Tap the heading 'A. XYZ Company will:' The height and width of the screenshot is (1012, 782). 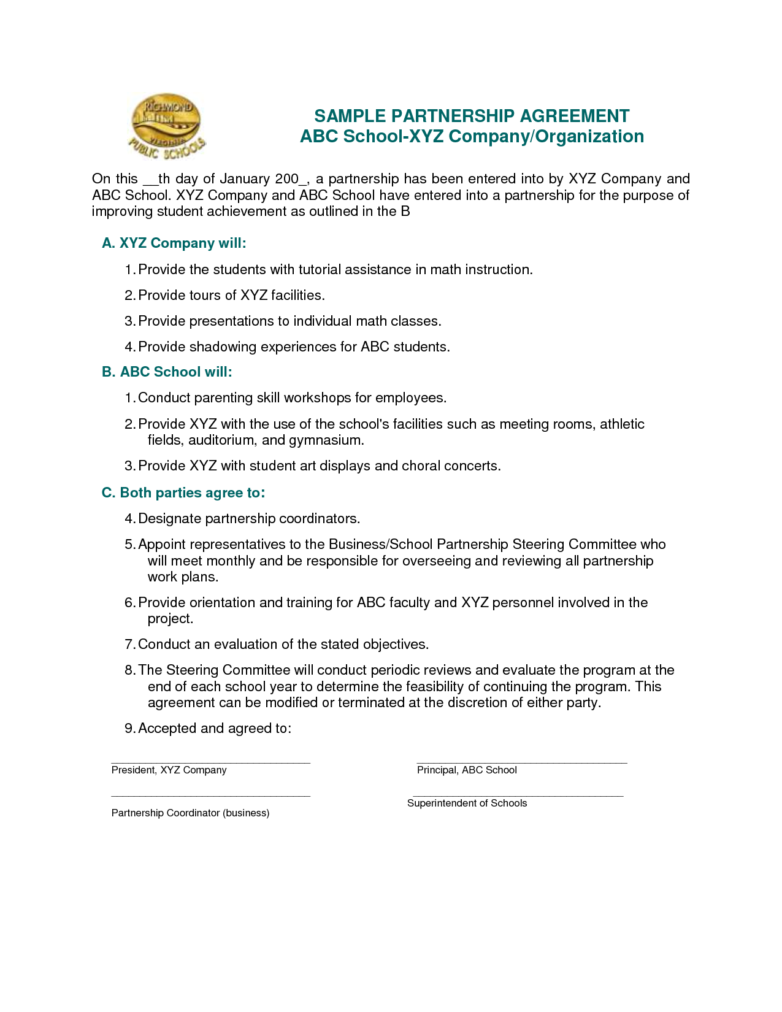pos(174,243)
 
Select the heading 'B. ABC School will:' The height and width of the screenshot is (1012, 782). pos(167,372)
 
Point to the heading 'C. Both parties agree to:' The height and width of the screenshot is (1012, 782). pos(183,493)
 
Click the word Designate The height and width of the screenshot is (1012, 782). pos(169,518)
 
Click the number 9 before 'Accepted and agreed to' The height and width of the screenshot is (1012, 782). pos(129,728)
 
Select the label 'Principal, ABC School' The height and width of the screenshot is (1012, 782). pos(467,770)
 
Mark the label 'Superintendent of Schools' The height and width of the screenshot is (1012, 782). pos(467,803)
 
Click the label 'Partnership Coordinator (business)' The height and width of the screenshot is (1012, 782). pos(190,813)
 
